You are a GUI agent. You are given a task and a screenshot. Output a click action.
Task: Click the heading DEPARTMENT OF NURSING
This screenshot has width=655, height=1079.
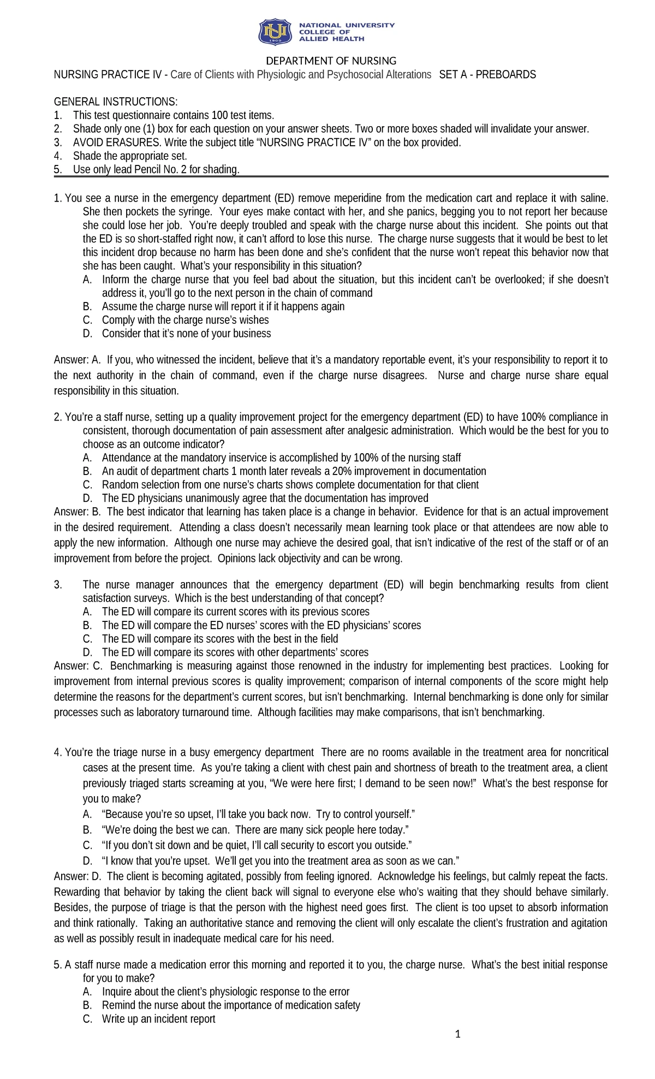click(x=331, y=61)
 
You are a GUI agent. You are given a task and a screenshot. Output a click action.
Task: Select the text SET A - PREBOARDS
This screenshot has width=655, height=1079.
click(x=487, y=75)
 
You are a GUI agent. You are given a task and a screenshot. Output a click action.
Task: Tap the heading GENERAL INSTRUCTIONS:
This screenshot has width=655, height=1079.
click(x=115, y=102)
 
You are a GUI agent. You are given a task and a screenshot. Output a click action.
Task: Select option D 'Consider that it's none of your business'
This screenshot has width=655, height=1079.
click(x=186, y=334)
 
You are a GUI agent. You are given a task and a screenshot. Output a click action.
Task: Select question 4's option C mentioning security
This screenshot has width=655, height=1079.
click(x=256, y=845)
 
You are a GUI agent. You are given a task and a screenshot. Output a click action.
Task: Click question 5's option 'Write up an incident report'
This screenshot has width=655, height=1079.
click(x=158, y=1019)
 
